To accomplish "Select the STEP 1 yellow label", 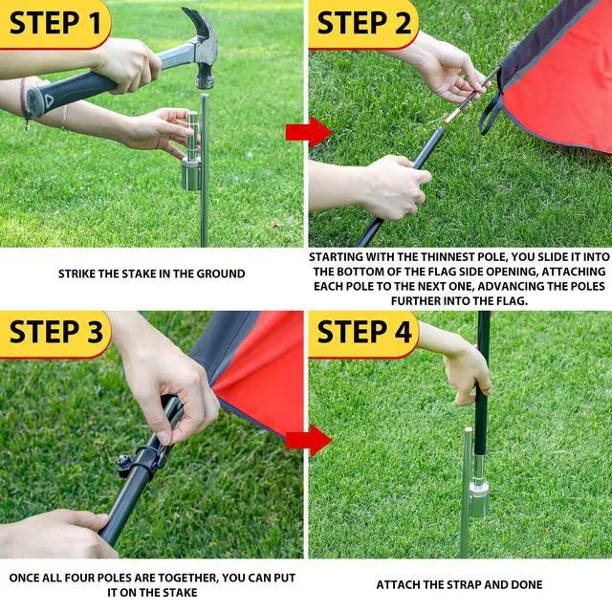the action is tap(55, 24).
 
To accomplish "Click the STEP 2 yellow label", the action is tap(363, 24).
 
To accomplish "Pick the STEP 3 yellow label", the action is tap(55, 334).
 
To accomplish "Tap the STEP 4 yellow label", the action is tap(363, 334).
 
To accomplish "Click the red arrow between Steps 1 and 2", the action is tap(308, 132).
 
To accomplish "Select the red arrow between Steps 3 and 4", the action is tap(308, 440).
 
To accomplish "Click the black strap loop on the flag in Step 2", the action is tap(491, 113).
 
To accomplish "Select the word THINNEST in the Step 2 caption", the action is tap(448, 257).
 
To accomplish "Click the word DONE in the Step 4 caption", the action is tap(527, 584).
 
